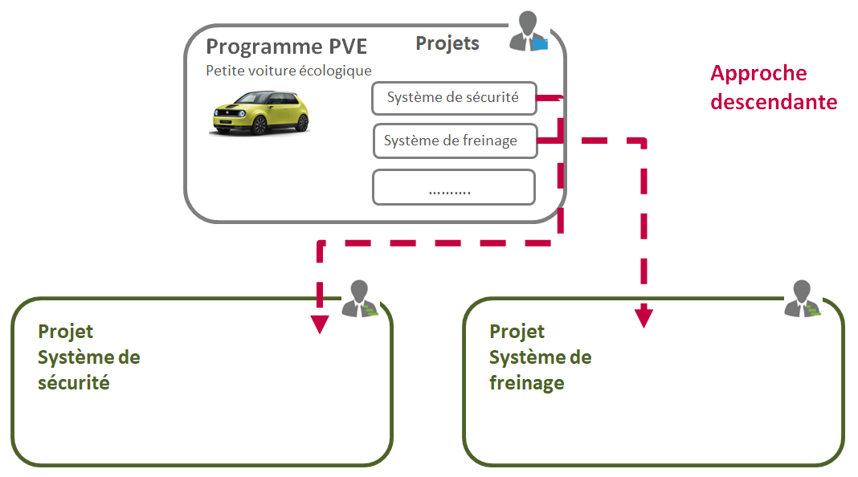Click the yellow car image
point(260,112)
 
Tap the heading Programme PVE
point(286,47)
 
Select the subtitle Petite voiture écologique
point(288,71)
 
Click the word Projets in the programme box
point(447,43)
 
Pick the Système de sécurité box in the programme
point(453,98)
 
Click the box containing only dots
point(453,188)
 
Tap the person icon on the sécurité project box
point(361,299)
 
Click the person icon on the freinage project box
point(803,299)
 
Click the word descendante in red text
point(774,103)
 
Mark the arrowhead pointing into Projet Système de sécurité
point(320,324)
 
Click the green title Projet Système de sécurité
point(88,357)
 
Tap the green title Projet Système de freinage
point(540,357)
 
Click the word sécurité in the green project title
point(74,383)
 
